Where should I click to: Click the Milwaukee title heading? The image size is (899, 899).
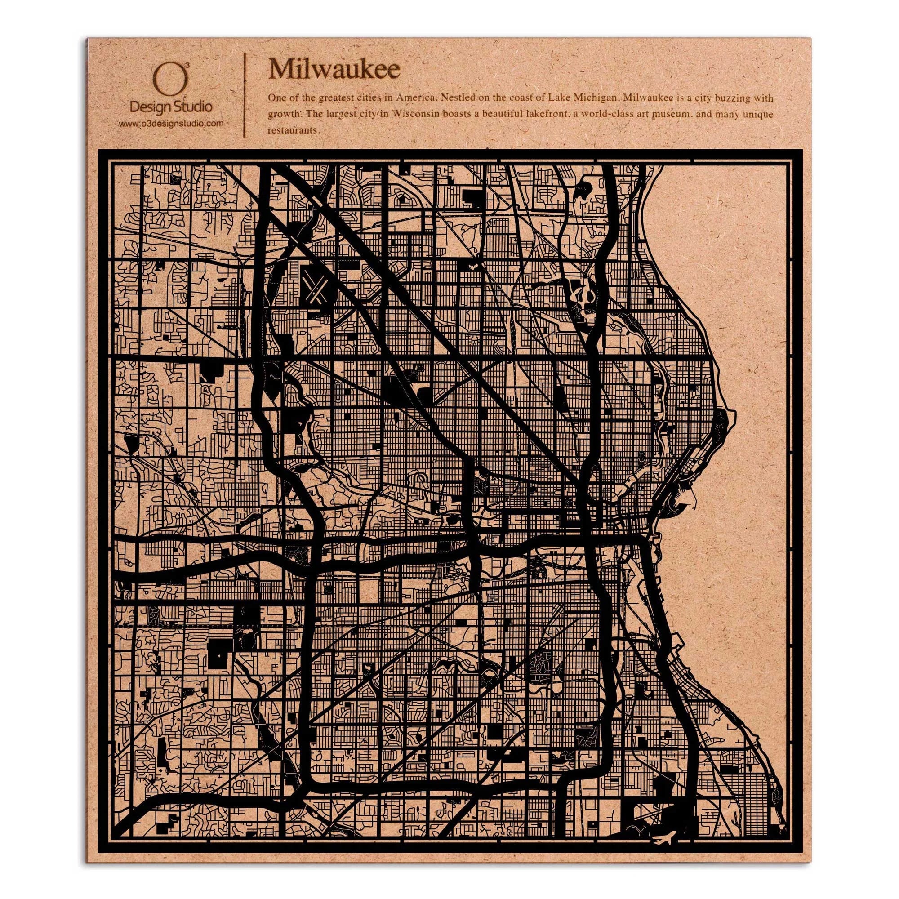(x=334, y=70)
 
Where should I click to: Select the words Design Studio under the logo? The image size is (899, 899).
(x=171, y=107)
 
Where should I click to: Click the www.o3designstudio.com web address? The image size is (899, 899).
(x=171, y=123)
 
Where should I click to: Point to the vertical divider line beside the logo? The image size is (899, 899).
(x=245, y=95)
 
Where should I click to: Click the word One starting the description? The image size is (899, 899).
(x=276, y=98)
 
